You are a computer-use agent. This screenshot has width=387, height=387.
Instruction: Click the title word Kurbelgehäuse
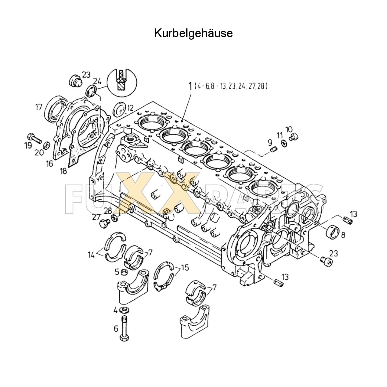click(x=193, y=33)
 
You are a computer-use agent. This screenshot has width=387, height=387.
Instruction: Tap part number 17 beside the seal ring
click(x=38, y=107)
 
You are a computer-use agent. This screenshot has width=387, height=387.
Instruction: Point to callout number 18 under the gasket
click(x=63, y=171)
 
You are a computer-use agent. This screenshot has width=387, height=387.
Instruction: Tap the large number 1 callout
click(x=190, y=87)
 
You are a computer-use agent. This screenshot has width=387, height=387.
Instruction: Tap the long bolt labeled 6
click(x=124, y=329)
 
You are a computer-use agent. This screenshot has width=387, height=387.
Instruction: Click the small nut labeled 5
click(x=124, y=272)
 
